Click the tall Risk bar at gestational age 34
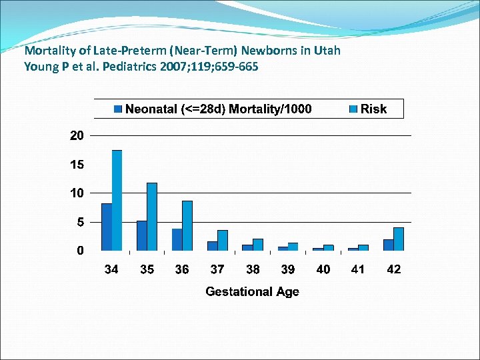(117, 200)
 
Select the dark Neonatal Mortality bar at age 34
(107, 227)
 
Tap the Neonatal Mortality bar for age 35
(142, 235)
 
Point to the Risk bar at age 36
(187, 225)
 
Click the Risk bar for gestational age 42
(399, 239)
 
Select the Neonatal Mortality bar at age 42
(388, 245)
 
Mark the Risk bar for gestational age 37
(223, 240)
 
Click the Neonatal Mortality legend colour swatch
(118, 109)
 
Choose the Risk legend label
(373, 109)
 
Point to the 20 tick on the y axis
(77, 135)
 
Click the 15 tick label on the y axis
(77, 164)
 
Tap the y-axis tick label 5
(80, 222)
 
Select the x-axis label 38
(253, 269)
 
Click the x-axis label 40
(323, 269)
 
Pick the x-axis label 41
(358, 269)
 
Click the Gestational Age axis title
(252, 291)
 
